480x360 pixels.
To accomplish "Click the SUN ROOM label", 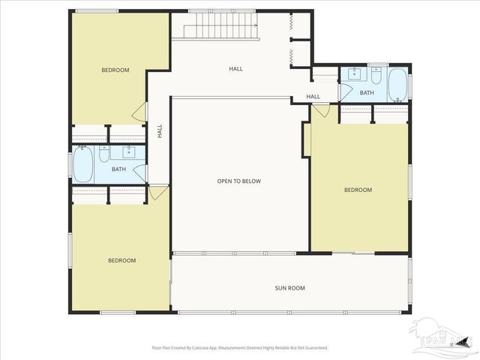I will tap(289, 288).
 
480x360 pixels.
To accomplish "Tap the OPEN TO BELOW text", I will tap(239, 181).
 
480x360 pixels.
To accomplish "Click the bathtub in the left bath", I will tap(83, 163).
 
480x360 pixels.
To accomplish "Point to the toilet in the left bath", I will tap(104, 154).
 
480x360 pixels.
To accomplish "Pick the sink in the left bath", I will tap(128, 153).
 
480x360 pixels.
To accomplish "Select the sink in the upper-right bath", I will tap(352, 74).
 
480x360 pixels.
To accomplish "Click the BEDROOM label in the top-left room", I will tap(115, 70).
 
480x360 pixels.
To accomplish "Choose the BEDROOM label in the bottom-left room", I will tap(121, 261).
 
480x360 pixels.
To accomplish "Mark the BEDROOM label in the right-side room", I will tap(358, 190).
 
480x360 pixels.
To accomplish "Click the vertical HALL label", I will tap(160, 130).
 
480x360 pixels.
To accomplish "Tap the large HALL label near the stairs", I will tap(235, 69).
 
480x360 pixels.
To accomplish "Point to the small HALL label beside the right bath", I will tap(313, 97).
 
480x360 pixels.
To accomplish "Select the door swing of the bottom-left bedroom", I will tap(158, 193).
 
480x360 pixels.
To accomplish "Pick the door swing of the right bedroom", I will tap(319, 110).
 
